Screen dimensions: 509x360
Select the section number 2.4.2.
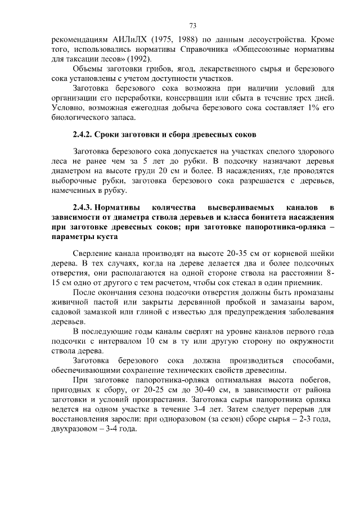[x=82, y=135]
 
